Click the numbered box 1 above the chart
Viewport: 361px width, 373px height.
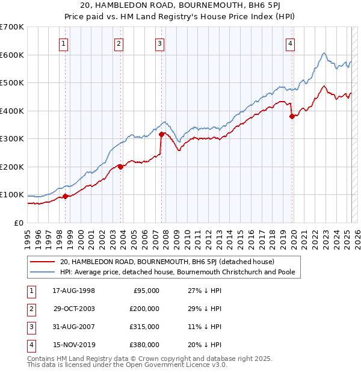(64, 43)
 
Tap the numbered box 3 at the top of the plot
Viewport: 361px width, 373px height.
(159, 43)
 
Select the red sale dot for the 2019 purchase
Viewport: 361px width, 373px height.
(292, 117)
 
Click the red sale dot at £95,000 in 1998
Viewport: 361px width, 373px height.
(66, 196)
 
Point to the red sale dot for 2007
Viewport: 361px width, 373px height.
(161, 135)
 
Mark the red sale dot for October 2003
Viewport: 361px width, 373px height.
(120, 167)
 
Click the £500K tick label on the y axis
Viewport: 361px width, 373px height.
(11, 82)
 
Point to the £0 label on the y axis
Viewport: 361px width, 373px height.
(19, 223)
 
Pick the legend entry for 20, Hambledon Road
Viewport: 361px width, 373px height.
(167, 262)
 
